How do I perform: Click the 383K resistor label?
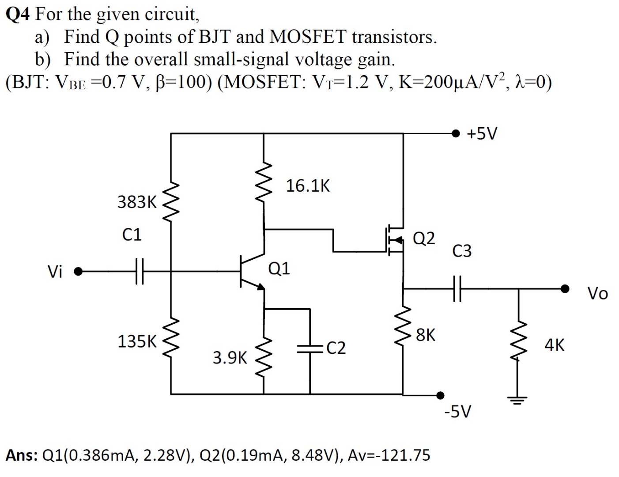pos(137,202)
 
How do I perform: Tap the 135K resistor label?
pos(137,341)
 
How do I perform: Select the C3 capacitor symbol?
pos(457,289)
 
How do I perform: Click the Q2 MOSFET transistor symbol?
pos(396,240)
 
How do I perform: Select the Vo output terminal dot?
pos(565,289)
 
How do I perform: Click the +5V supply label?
pos(482,133)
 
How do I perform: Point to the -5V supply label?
pos(458,412)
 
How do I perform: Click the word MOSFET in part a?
pos(307,37)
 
